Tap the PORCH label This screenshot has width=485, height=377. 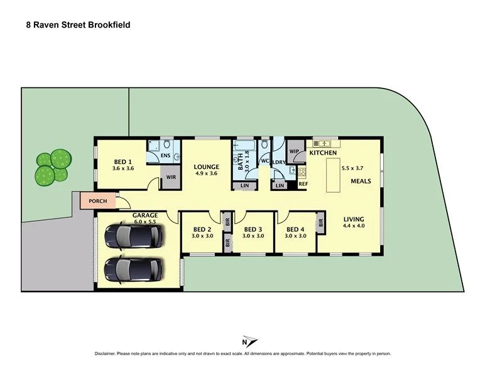(97, 201)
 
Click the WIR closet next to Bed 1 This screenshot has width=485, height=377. (170, 178)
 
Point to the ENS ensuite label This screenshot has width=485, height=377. (166, 155)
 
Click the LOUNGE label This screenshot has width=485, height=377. (206, 167)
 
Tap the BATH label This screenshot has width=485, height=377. (239, 161)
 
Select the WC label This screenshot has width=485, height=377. (264, 161)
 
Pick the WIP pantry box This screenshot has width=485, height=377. (294, 151)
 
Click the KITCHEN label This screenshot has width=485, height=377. (322, 153)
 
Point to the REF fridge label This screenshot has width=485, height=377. (303, 184)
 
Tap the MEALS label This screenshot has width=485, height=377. (361, 181)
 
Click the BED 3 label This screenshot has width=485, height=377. (253, 229)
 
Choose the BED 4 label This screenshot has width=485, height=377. (295, 229)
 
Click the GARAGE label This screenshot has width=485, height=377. (144, 216)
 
